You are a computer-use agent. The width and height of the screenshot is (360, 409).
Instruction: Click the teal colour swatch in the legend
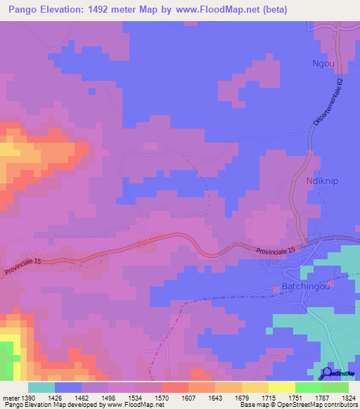41,387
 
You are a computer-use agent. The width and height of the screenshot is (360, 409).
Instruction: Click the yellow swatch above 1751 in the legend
282,387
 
